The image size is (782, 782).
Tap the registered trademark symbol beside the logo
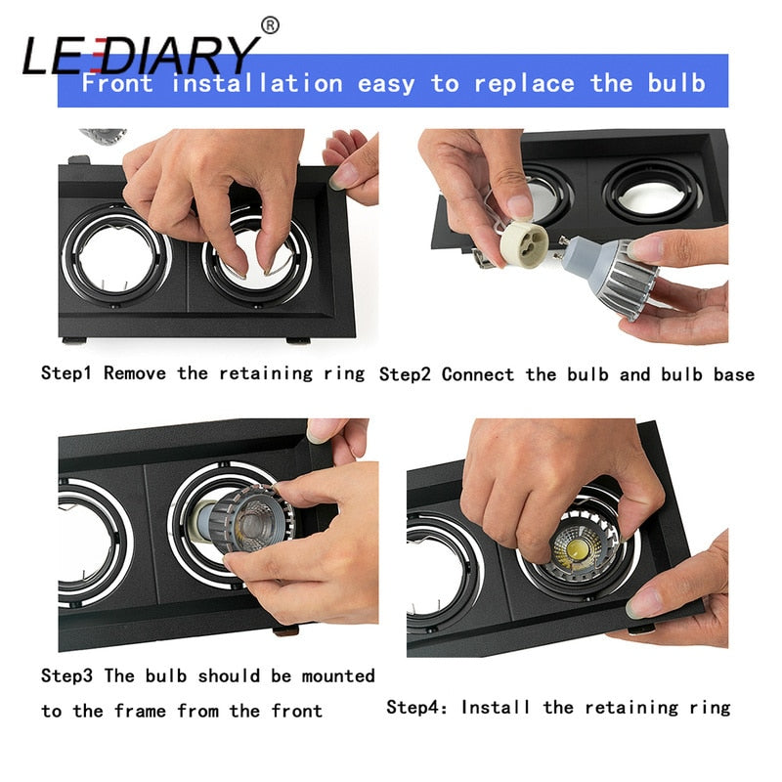pyautogui.click(x=271, y=24)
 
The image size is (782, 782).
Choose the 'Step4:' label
pyautogui.click(x=418, y=707)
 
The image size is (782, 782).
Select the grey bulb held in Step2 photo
pyautogui.click(x=614, y=274)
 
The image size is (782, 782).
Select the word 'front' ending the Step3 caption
pyautogui.click(x=294, y=711)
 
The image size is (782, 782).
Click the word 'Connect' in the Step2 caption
pyautogui.click(x=477, y=374)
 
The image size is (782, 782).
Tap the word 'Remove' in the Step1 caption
pyautogui.click(x=138, y=373)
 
